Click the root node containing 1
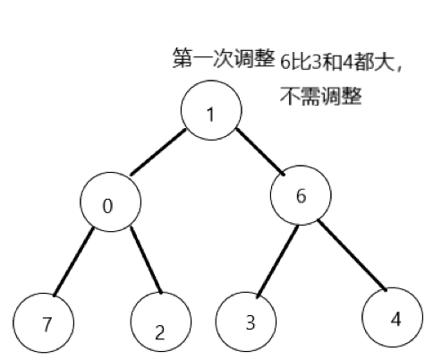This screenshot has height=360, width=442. (211, 114)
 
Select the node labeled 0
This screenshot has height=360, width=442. (109, 206)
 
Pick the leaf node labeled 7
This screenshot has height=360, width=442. (44, 322)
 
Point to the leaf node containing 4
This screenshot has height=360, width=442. (394, 318)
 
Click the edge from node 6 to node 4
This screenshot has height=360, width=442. (353, 258)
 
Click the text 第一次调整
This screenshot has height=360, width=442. (223, 59)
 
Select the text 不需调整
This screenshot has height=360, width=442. (320, 96)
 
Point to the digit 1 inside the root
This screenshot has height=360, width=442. (211, 115)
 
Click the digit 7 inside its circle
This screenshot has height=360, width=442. (45, 324)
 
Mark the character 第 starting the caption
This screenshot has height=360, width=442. (181, 59)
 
